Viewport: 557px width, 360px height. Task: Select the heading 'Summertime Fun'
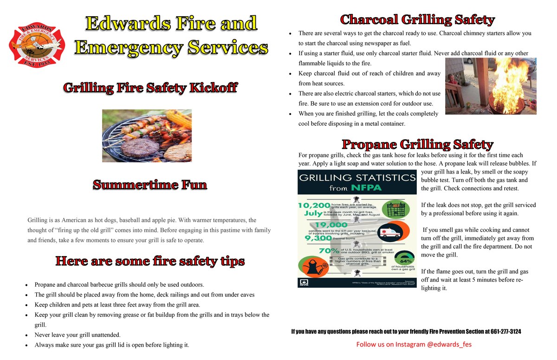150,185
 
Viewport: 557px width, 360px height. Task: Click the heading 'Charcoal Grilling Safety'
417,19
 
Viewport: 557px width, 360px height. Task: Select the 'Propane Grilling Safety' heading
417,144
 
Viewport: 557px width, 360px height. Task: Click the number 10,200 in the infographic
314,206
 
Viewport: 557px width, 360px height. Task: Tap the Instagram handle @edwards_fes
448,344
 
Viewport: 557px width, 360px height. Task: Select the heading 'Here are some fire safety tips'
150,261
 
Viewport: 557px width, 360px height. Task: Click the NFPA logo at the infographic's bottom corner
304,282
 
